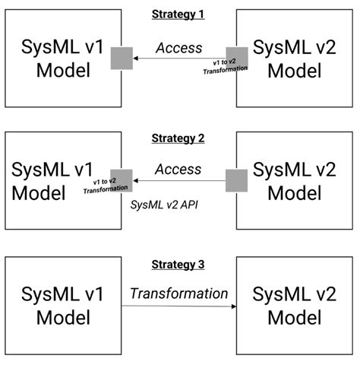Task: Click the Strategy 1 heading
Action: [x=178, y=14]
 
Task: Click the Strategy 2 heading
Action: [x=178, y=138]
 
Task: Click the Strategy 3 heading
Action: [x=178, y=264]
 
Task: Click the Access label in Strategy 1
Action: [x=178, y=47]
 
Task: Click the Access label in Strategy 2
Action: [x=178, y=170]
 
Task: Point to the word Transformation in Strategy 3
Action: [x=178, y=293]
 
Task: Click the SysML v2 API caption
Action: [x=166, y=204]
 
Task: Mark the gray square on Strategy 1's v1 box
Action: [x=122, y=58]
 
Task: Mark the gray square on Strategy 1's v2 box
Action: [x=237, y=58]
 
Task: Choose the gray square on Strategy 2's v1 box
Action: [x=122, y=180]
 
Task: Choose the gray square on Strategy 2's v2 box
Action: [x=237, y=180]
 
